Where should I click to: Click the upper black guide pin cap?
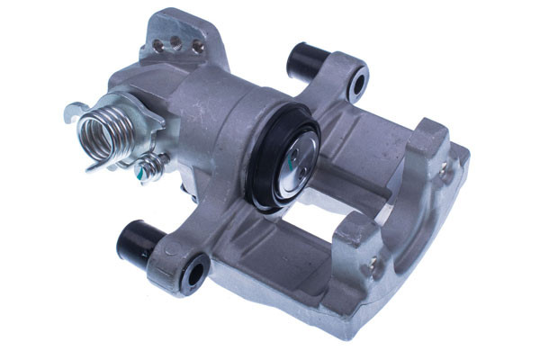(x=305, y=60)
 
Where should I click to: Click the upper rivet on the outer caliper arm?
(x=445, y=168)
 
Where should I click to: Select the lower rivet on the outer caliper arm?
(x=372, y=265)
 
